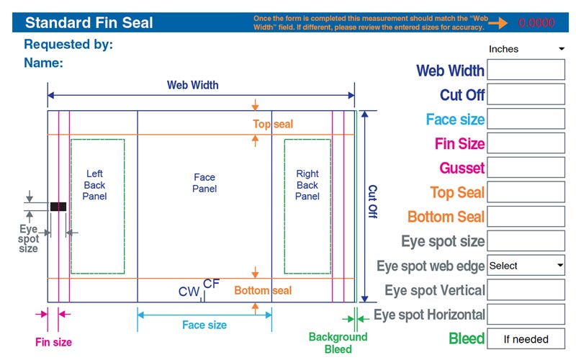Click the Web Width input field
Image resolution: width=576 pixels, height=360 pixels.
526,70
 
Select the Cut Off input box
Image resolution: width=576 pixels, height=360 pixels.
526,94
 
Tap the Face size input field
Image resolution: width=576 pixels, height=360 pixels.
526,119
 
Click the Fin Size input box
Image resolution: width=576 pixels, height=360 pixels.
526,143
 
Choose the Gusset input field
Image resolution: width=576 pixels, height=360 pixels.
526,168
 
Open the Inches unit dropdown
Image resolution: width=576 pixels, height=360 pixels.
526,49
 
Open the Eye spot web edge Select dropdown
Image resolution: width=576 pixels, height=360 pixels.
526,266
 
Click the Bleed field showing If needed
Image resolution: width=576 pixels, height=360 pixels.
526,338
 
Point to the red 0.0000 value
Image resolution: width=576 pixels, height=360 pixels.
536,23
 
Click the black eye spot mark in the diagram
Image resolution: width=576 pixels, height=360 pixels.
58,207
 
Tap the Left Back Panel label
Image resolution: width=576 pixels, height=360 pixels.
94,185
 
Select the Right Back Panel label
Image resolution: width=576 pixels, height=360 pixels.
307,185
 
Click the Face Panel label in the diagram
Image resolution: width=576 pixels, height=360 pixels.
204,183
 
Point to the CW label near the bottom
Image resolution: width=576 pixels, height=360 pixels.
189,292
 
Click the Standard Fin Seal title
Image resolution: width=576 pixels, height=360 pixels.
89,22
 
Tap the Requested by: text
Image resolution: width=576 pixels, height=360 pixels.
68,45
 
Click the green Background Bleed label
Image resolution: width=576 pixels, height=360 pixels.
338,343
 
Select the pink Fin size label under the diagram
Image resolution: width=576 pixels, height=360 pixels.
54,342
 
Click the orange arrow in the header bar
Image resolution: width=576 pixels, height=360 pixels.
498,23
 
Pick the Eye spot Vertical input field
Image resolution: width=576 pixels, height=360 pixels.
526,290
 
